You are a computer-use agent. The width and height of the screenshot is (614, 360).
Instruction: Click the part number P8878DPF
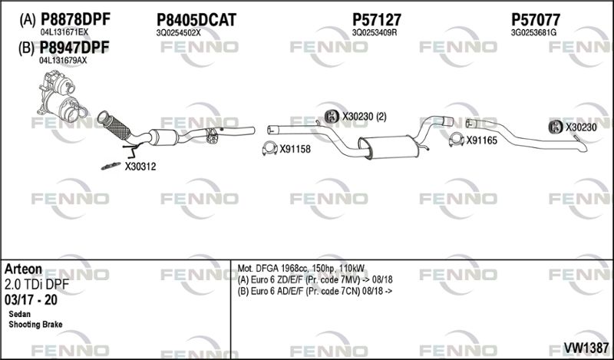[75, 18]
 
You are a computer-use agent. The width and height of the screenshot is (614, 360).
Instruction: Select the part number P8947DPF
[74, 48]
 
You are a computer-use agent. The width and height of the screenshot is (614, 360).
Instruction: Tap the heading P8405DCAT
[196, 20]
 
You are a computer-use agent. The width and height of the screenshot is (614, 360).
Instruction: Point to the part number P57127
[377, 20]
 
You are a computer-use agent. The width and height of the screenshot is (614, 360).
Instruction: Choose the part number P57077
[535, 20]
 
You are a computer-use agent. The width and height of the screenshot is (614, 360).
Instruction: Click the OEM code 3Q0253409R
[375, 33]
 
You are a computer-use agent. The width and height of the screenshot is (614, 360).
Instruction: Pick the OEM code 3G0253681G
[533, 33]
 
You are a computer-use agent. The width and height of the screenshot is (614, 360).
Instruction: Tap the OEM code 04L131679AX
[63, 61]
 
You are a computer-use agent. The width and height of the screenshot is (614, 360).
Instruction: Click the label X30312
[140, 167]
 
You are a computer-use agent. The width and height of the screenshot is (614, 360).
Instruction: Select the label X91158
[295, 149]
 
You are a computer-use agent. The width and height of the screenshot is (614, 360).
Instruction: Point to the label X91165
[481, 140]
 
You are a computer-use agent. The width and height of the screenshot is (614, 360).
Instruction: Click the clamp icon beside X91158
[269, 148]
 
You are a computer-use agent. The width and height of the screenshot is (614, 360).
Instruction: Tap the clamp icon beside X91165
[456, 140]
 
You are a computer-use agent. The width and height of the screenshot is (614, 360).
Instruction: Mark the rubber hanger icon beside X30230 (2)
[332, 117]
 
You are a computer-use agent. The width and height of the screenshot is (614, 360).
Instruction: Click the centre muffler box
[388, 147]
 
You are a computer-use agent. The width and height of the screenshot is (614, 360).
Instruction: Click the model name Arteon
[23, 269]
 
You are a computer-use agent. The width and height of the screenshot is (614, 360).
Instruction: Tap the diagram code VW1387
[586, 347]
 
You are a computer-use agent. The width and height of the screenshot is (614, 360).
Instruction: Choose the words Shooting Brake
[35, 325]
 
